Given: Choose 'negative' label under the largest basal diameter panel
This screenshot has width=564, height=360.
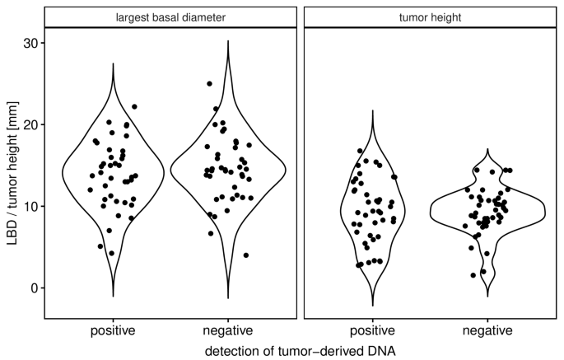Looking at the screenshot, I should tap(227, 331).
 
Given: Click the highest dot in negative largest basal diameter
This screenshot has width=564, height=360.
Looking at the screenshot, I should tap(210, 84).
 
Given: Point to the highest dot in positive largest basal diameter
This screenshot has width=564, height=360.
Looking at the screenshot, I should tap(134, 106).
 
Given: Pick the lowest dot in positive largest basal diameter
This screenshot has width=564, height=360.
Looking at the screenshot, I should tap(112, 253).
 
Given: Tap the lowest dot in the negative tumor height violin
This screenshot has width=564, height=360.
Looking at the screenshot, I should tap(473, 275).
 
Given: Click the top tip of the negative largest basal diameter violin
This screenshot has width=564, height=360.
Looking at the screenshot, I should tap(227, 40).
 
